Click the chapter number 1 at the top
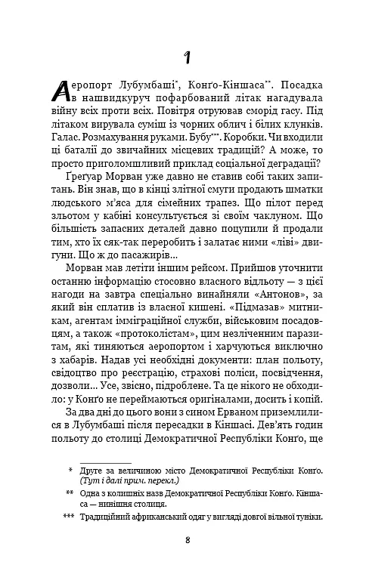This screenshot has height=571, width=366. pos(187,57)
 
